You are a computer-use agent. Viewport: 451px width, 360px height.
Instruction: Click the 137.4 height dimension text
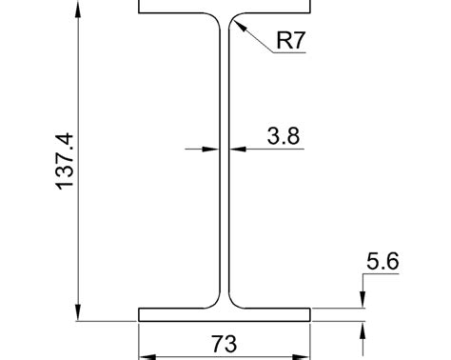click(x=65, y=160)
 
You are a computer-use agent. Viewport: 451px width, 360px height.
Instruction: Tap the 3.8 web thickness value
click(x=283, y=136)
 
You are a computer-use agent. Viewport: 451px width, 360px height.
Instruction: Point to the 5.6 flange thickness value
click(x=381, y=260)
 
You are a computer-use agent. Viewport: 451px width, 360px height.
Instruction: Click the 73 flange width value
click(x=224, y=343)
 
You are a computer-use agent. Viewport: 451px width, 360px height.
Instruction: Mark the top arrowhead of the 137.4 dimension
click(x=77, y=8)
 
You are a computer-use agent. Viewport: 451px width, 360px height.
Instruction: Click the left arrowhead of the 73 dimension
click(x=146, y=355)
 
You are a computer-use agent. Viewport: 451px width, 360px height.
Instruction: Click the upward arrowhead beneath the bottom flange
click(x=363, y=330)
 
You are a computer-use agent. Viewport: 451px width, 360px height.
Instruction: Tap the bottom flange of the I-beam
click(x=225, y=315)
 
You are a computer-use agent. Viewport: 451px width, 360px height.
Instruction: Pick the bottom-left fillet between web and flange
click(x=216, y=303)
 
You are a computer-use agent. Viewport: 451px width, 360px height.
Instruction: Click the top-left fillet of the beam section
click(x=216, y=20)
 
